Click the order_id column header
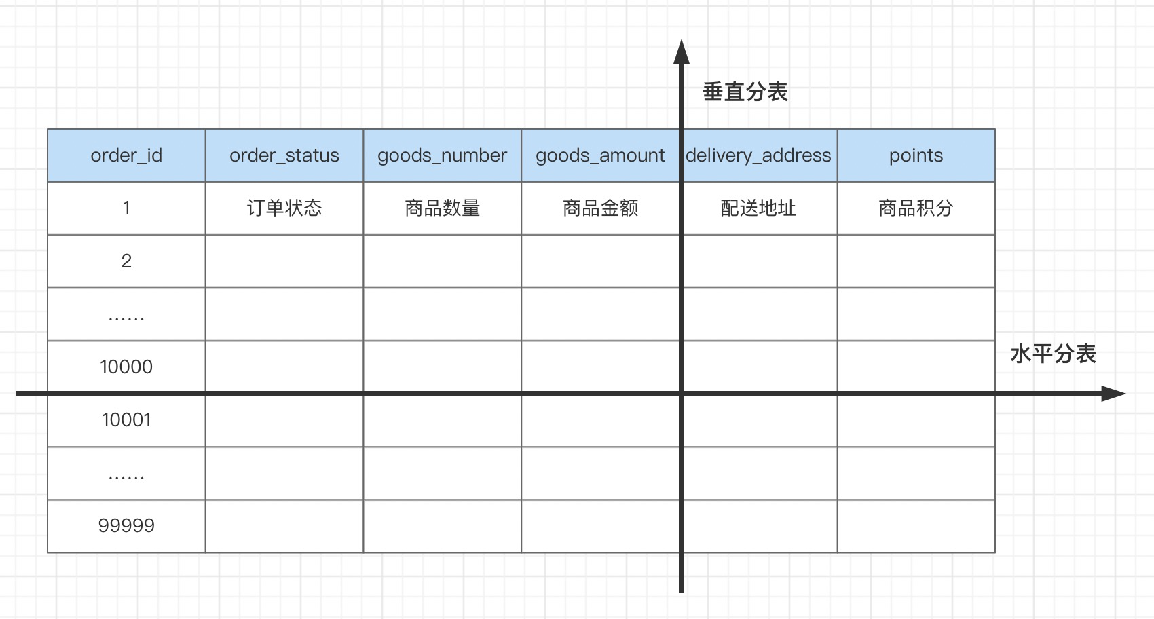pyautogui.click(x=126, y=155)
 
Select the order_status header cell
pyautogui.click(x=284, y=155)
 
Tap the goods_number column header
pyautogui.click(x=442, y=155)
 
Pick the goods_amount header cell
pyautogui.click(x=600, y=155)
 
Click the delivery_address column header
pyautogui.click(x=758, y=155)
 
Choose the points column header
pyautogui.click(x=916, y=155)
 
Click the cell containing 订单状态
pyautogui.click(x=284, y=208)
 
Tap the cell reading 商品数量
pyautogui.click(x=442, y=208)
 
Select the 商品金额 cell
pyautogui.click(x=600, y=208)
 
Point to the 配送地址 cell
pyautogui.click(x=758, y=208)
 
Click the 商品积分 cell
pyautogui.click(x=916, y=208)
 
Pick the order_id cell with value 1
pyautogui.click(x=126, y=208)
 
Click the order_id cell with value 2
pyautogui.click(x=126, y=261)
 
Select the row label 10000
pyautogui.click(x=126, y=367)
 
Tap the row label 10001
pyautogui.click(x=126, y=420)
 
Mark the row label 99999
pyautogui.click(x=126, y=526)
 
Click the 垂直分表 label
pyautogui.click(x=745, y=92)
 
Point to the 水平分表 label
pyautogui.click(x=1053, y=354)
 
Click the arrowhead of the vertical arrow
pyautogui.click(x=682, y=52)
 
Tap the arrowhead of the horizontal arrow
pyautogui.click(x=1114, y=394)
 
